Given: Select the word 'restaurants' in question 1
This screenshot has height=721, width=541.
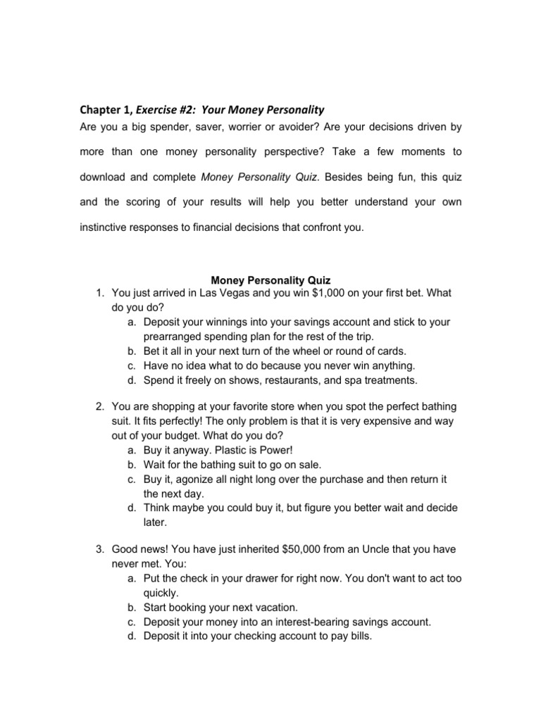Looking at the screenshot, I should coord(291,380).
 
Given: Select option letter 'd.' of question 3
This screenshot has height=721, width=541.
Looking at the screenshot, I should coord(132,637).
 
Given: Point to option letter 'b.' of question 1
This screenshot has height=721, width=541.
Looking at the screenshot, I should coord(132,351).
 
